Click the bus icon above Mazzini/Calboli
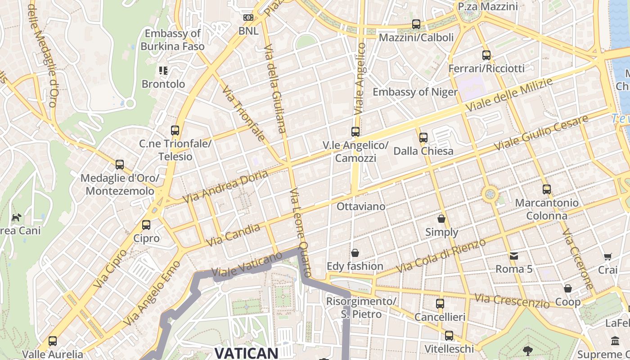pos(416,24)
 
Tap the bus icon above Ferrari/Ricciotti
pos(486,55)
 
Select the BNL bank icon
pos(248,18)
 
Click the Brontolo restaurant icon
pos(163,71)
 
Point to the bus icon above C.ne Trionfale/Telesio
pos(175,130)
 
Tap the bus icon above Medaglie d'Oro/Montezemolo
pos(120,165)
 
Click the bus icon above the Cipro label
pos(146,225)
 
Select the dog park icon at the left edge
pos(17,218)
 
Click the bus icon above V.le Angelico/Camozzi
pos(355,132)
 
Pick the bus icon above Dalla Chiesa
pos(423,137)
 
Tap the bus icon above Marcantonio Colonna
pos(547,189)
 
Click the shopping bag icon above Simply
pos(441,219)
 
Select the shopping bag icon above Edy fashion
pos(355,252)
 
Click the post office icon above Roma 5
pos(514,256)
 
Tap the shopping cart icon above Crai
pos(608,256)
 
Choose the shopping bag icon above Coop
pos(568,288)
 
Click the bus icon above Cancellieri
pos(440,303)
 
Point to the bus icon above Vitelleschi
pos(449,335)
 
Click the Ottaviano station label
pos(361,207)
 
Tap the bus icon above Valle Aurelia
pos(53,341)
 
